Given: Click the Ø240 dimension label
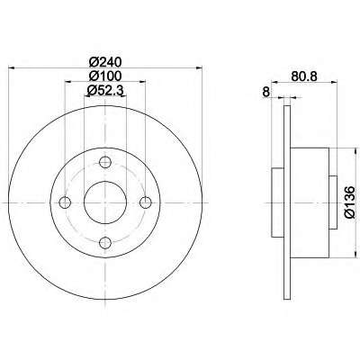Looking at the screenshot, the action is tap(105, 62).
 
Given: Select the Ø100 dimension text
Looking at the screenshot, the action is tap(105, 76).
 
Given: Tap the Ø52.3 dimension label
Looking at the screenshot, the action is tap(105, 90).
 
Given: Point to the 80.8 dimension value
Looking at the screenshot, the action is tap(304, 76).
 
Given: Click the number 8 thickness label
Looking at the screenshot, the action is tap(265, 92).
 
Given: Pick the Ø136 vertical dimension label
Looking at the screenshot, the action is tap(350, 202).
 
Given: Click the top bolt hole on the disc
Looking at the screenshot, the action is tap(105, 163).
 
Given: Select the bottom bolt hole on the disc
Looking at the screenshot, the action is tap(105, 243).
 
